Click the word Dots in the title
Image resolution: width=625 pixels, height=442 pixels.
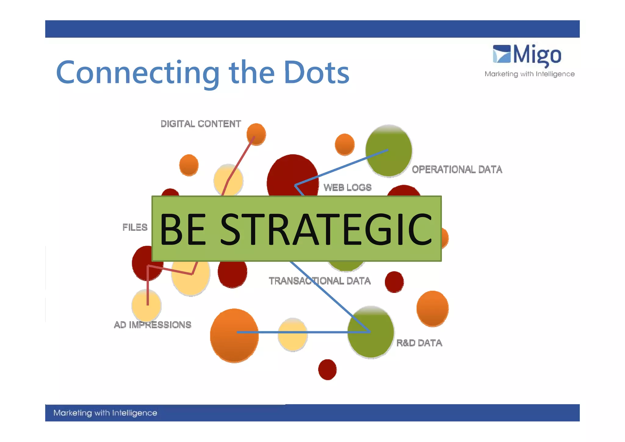coord(316,72)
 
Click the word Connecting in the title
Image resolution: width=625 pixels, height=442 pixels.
coord(138,72)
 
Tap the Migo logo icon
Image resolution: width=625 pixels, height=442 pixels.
coord(502,54)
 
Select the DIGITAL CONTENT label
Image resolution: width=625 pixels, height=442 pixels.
coord(201,124)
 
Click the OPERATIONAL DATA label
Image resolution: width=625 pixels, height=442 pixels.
coord(457,169)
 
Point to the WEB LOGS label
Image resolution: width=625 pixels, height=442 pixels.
coord(347,187)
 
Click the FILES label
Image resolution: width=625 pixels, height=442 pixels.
coord(135,227)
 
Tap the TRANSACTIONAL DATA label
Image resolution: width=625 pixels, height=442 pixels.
coord(320,281)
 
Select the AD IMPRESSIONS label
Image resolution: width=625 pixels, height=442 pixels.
coord(152,324)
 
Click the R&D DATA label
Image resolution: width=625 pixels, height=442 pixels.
coord(419,343)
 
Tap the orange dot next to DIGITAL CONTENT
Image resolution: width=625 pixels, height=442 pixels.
coord(256,134)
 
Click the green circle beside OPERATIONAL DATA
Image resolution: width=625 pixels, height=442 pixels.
coord(389,151)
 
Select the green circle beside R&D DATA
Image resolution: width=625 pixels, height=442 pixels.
coord(371,332)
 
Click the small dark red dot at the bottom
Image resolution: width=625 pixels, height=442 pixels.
coord(327,369)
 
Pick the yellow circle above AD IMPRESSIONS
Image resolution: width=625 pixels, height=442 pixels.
coord(146,305)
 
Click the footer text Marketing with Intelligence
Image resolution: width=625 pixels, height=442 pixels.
coord(105,413)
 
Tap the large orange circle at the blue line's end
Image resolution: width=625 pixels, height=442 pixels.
coord(234,335)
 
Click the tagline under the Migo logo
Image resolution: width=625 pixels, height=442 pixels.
coord(529,74)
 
